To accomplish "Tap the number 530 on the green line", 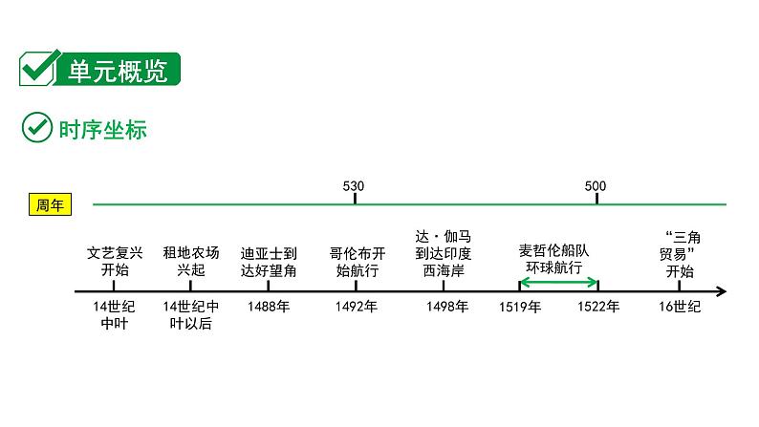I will point(354,185).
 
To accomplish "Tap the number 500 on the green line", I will point(595,185).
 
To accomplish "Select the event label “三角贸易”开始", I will point(681,252).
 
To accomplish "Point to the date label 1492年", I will point(357,307).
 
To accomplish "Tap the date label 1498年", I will point(447,307).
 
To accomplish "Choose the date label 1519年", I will point(520,307).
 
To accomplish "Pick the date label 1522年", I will point(598,307).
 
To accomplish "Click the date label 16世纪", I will point(681,307).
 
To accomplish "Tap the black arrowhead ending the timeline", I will point(721,291).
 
